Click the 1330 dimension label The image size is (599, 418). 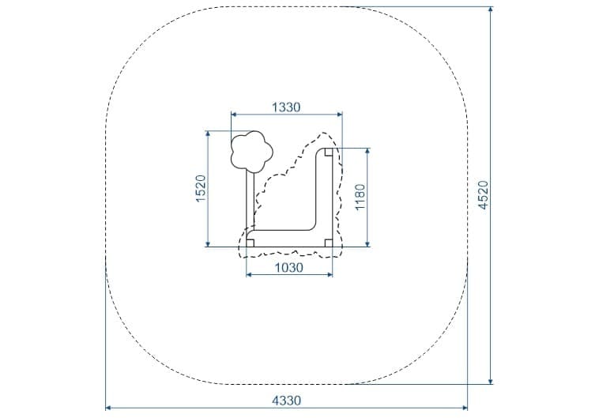pyautogui.click(x=286, y=107)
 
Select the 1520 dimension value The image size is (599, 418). pyautogui.click(x=201, y=188)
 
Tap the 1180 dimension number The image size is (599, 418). pyautogui.click(x=360, y=197)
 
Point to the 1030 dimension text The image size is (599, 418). pyautogui.click(x=288, y=268)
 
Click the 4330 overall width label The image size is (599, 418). pyautogui.click(x=287, y=401)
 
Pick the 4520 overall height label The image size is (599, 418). pyautogui.click(x=484, y=195)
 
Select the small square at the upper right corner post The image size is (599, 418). pyautogui.click(x=329, y=152)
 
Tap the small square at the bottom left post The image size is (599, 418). pyautogui.click(x=251, y=243)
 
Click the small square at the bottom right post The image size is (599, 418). pyautogui.click(x=329, y=243)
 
